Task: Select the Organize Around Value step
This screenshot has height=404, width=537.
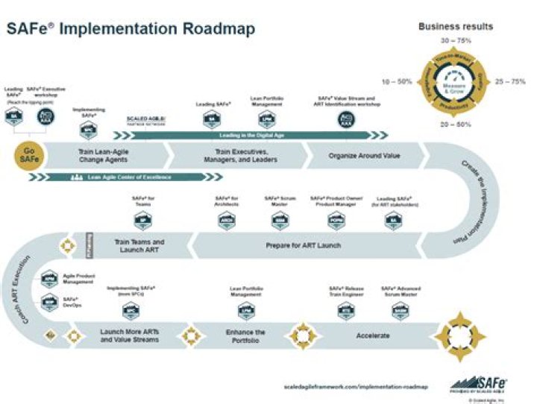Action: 364,156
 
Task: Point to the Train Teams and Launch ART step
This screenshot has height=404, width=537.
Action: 139,247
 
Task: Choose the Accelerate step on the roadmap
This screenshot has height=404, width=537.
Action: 373,335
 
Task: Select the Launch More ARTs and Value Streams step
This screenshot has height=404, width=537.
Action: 130,335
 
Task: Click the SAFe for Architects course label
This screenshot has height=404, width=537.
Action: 227,201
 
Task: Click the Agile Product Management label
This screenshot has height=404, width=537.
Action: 78,278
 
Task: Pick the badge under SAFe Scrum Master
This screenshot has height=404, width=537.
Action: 280,221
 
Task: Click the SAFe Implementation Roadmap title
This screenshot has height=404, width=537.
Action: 131,28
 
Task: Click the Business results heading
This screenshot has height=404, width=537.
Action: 455,26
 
